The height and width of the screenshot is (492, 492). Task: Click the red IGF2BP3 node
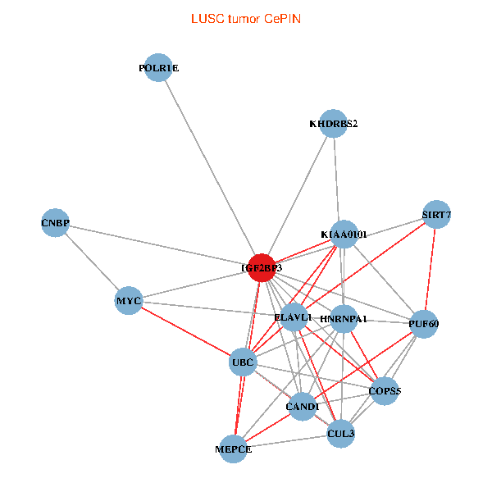[261, 267]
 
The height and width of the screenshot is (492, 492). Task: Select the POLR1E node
[158, 68]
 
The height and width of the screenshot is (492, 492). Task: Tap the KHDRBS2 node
[333, 124]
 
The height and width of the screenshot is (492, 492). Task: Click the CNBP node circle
[55, 223]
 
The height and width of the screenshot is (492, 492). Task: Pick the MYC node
[130, 301]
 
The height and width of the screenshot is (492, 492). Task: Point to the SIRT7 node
[436, 216]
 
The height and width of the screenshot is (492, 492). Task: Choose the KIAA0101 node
[344, 235]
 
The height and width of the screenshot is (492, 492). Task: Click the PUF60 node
[423, 324]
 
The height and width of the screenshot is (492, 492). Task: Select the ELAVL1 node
[293, 317]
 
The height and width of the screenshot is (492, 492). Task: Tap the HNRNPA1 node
[344, 318]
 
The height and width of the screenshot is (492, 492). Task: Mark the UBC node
[243, 362]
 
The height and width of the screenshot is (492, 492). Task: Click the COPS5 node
[385, 391]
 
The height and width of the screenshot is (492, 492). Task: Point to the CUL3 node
[340, 433]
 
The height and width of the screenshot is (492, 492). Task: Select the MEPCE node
[234, 449]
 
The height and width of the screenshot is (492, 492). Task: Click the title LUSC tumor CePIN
[245, 18]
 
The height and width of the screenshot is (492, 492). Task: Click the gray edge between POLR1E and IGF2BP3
[209, 167]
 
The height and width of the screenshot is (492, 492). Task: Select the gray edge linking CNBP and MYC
[92, 262]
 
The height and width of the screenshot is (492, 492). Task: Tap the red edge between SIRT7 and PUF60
[430, 270]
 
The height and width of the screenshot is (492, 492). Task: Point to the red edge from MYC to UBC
[186, 331]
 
